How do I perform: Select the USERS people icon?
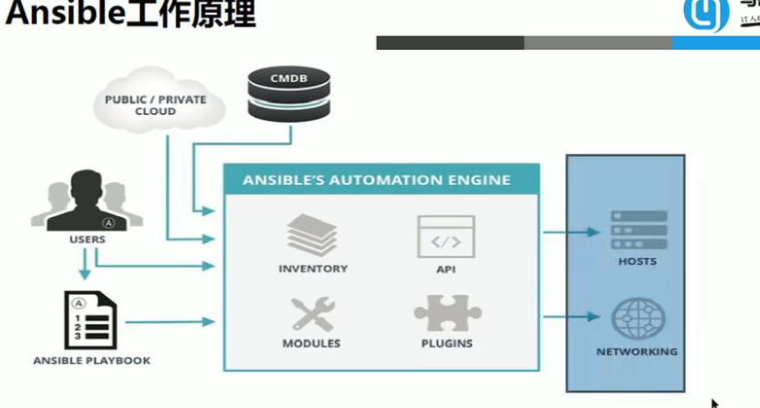pos(81,201)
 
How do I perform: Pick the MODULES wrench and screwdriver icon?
pos(311,314)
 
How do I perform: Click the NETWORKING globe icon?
pos(636,319)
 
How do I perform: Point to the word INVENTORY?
pos(312,269)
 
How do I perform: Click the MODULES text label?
pos(311,344)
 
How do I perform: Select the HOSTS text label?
pos(637,262)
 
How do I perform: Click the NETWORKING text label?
pos(637,352)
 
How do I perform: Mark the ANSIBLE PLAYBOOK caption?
pos(93,361)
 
